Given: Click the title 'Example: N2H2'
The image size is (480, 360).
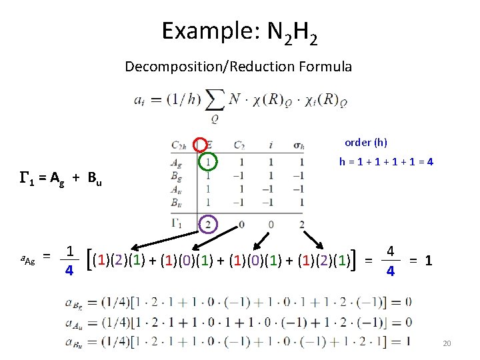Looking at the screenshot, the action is (239, 32).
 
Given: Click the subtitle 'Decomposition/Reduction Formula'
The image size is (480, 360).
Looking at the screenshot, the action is (238, 67).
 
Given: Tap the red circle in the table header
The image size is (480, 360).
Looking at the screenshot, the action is (200, 145).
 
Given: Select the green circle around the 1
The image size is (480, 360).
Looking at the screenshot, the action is (208, 162).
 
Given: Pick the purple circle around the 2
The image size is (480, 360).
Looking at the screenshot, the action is (208, 224).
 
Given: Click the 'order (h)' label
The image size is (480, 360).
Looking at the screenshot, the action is (365, 143).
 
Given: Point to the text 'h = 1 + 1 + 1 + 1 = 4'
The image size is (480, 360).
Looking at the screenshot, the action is (387, 161).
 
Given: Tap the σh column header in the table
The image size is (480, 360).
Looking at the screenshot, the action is (298, 145).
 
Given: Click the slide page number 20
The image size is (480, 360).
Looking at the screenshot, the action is (447, 343).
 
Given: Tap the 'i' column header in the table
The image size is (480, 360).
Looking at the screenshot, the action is (271, 145).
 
